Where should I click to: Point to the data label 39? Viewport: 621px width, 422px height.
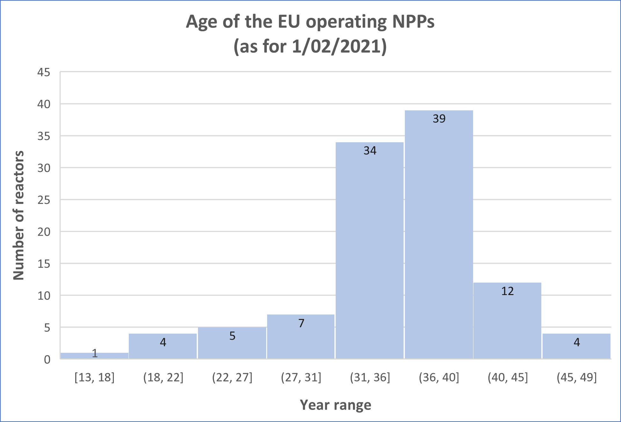coord(439,119)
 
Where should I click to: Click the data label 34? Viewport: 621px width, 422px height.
coord(370,151)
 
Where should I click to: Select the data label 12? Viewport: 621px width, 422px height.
coord(508,291)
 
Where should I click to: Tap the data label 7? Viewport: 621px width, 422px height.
coord(301,323)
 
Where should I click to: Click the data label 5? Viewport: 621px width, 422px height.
coord(232,336)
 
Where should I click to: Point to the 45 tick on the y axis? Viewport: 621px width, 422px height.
coord(44,72)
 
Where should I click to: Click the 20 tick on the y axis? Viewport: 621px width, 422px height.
coord(44,232)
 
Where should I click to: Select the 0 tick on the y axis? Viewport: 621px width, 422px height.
coord(47,359)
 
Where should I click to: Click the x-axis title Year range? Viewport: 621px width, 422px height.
coord(335,405)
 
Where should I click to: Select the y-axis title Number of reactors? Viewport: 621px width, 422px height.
coord(19,215)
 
